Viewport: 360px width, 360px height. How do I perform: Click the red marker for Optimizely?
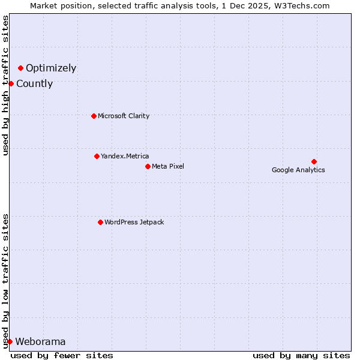20,68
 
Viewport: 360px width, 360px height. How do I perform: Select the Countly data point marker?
11,83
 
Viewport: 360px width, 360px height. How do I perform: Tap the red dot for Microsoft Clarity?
94,116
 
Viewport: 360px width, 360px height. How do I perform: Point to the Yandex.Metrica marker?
97,156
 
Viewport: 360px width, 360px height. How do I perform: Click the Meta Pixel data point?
148,166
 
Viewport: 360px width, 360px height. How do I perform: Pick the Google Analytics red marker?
314,161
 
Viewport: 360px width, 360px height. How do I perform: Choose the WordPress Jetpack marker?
100,222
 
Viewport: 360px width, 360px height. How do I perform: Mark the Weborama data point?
10,341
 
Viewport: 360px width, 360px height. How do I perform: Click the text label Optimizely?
51,68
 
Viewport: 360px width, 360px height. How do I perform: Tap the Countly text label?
34,84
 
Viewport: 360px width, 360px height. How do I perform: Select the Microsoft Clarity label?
124,116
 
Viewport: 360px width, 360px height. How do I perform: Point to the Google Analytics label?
298,170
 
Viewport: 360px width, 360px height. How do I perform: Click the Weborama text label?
40,342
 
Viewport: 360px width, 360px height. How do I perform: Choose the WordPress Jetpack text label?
134,223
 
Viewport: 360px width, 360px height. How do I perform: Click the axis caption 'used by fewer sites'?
62,355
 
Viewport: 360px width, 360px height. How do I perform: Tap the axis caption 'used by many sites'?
301,355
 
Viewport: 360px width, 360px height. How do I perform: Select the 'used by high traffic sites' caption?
6,85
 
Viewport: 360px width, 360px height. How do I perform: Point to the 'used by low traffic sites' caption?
6,280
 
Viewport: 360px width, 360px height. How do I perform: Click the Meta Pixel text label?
168,167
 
